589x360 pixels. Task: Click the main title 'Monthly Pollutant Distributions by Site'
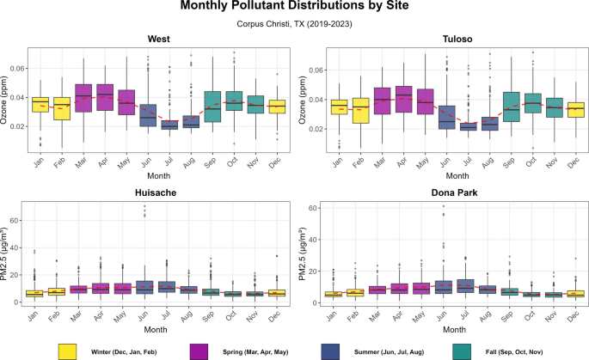coord(294,9)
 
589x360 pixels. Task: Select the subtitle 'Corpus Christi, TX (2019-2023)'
coord(294,25)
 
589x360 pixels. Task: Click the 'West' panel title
coord(157,40)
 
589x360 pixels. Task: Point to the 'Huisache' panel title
coord(157,194)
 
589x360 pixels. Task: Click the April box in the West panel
coord(104,97)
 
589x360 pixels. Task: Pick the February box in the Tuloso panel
coord(360,110)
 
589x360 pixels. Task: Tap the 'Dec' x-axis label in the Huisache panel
coord(277,314)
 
